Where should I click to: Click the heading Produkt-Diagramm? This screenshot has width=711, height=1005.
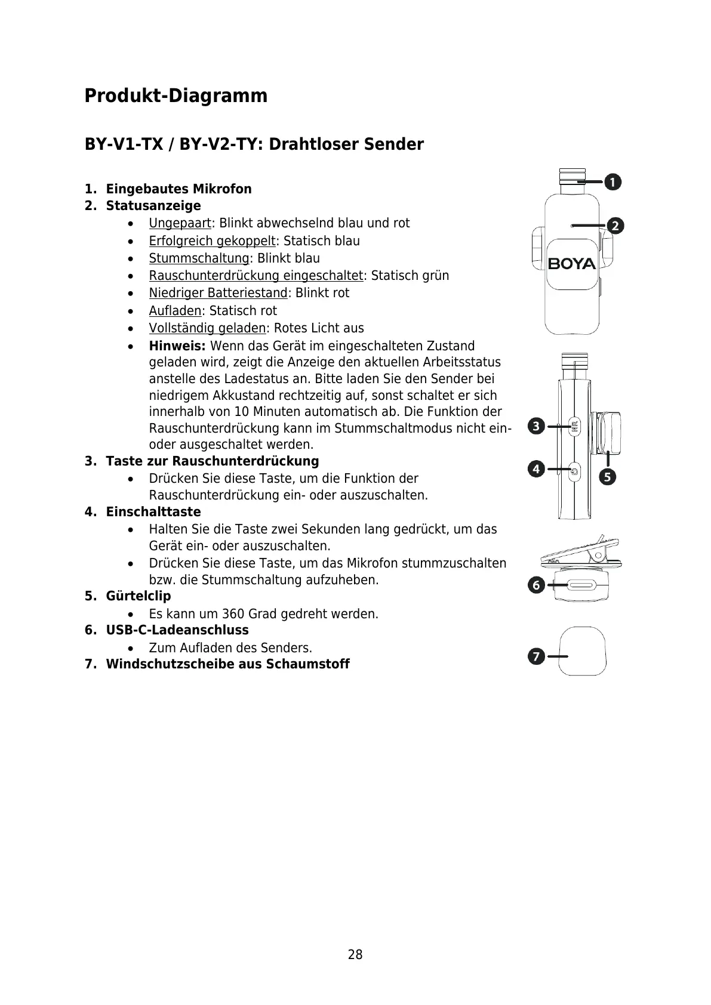176,96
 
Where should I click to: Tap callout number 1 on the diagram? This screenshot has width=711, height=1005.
612,182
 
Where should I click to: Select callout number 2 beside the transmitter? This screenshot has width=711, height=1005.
615,226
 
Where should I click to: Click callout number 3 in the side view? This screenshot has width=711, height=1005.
536,426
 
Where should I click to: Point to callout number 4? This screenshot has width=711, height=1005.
536,469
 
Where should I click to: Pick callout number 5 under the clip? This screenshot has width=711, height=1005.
608,477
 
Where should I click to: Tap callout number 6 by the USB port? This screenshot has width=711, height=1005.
536,585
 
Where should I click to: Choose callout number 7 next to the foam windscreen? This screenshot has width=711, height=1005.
536,656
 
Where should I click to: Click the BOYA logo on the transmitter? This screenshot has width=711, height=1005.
571,263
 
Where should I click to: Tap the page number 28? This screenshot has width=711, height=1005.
355,955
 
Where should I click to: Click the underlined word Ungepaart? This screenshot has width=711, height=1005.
180,223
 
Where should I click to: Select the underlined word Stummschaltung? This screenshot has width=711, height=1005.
199,258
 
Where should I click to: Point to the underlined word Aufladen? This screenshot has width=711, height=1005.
175,311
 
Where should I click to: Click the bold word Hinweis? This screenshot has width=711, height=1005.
177,346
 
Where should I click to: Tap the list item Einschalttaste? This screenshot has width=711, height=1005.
153,512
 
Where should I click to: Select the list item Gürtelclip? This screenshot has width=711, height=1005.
138,596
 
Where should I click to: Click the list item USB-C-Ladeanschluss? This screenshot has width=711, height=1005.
177,630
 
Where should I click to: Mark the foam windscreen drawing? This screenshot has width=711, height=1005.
583,651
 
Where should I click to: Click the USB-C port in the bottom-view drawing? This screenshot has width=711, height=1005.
580,587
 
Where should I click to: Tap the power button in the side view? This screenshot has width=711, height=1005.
574,471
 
